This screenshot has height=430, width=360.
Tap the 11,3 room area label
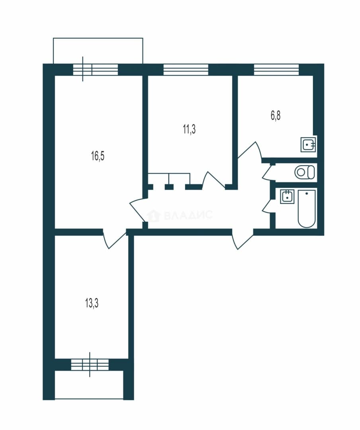click(x=189, y=129)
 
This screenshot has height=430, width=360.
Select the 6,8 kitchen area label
click(x=276, y=116)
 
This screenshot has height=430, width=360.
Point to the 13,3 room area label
click(x=92, y=304)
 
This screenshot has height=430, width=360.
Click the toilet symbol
click(x=305, y=172)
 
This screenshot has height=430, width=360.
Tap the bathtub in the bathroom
click(x=306, y=208)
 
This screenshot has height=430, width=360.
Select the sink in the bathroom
click(x=287, y=196)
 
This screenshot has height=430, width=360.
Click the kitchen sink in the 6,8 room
click(x=309, y=144)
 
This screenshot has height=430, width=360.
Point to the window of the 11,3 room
click(x=186, y=69)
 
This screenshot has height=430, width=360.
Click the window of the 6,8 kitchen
click(x=276, y=69)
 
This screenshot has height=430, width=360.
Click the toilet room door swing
click(x=267, y=172)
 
